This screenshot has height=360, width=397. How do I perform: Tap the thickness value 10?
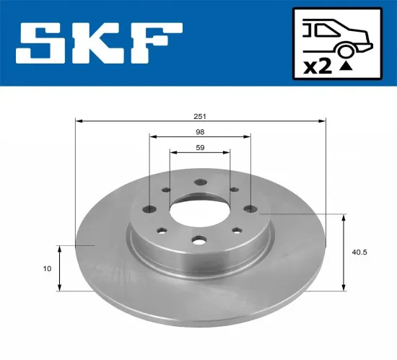47,268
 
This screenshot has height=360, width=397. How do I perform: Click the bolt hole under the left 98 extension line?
149,210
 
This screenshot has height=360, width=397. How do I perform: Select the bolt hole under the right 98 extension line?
250,209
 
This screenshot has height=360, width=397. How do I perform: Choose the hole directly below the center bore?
198,240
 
